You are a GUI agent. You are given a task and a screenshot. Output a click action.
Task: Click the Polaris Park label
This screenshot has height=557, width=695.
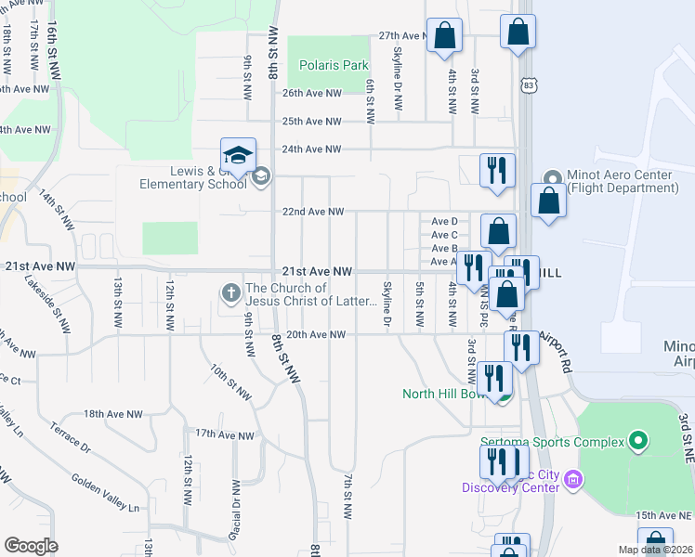tap(334, 66)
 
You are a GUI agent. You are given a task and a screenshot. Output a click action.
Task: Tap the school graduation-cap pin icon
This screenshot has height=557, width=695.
tap(238, 155)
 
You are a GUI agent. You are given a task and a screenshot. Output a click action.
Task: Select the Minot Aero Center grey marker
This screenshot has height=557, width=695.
tap(552, 177)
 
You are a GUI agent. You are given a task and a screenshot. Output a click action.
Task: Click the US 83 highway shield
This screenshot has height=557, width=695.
tap(529, 85)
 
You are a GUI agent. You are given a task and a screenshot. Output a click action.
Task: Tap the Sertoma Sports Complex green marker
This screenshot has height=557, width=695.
tap(637, 441)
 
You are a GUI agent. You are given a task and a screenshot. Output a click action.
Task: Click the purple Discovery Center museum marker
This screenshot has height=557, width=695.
tap(572, 480)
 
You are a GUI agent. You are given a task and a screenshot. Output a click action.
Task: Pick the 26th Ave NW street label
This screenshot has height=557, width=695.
tap(312, 94)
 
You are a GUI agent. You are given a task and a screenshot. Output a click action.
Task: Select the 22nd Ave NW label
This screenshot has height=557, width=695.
tap(313, 212)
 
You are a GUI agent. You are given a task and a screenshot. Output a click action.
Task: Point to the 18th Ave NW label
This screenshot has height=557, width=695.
tap(113, 414)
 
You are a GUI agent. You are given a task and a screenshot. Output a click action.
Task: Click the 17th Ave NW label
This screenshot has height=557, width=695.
tap(224, 434)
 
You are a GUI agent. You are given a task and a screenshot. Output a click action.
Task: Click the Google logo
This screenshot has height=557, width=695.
tap(31, 546)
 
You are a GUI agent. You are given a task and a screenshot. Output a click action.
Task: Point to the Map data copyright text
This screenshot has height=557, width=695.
tap(654, 550)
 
